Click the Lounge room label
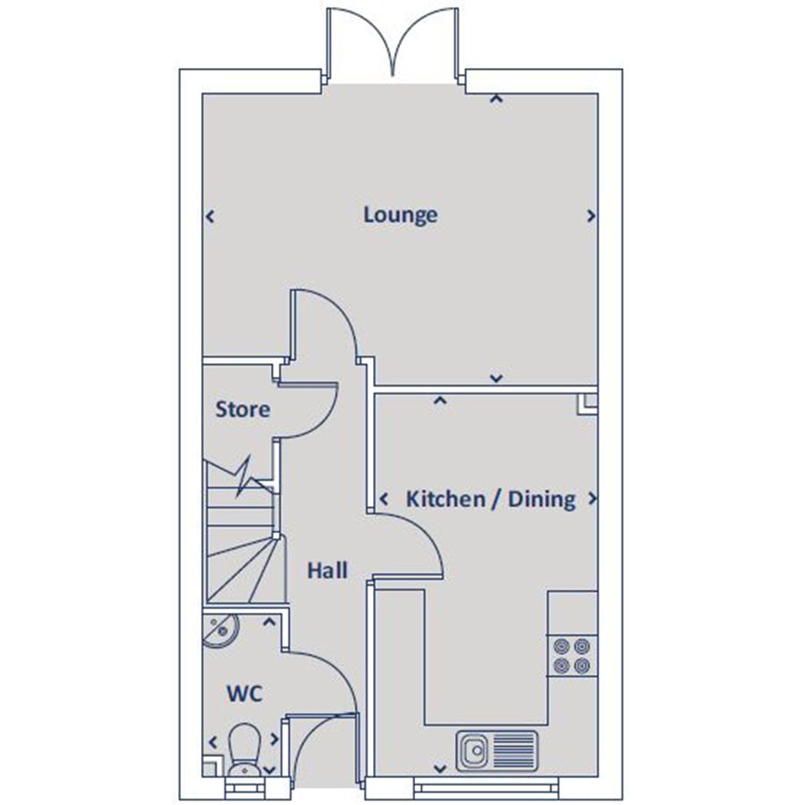pos(401,215)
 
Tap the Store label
pos(242,409)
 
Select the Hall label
pos(327,571)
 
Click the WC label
pos(244,694)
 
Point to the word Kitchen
pos(445,498)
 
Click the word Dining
pos(542,499)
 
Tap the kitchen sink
pos(497,751)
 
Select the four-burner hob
pos(572,656)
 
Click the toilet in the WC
pos(244,749)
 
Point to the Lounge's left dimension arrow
pos(209,216)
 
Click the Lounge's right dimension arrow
pos(591,216)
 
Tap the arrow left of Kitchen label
pos(384,498)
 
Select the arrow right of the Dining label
pos(592,498)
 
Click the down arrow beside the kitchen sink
pos(440,768)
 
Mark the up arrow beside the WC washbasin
pos(269,623)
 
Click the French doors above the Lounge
pos(394,44)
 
